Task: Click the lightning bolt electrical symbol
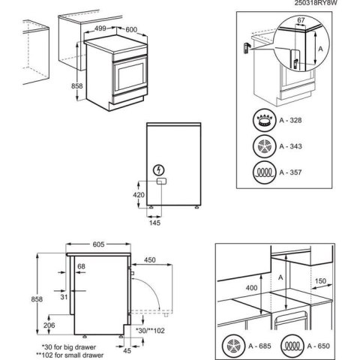[160, 169]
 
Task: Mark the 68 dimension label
[81, 267]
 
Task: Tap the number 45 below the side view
[127, 349]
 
